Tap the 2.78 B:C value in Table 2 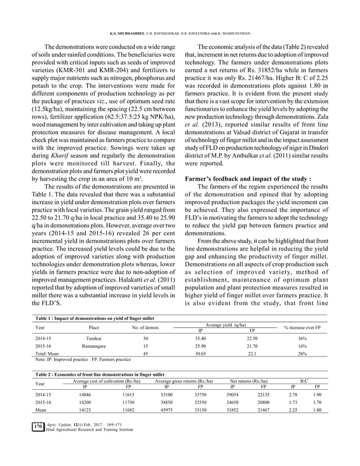click(x=292, y=396)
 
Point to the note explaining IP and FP click(x=83, y=359)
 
